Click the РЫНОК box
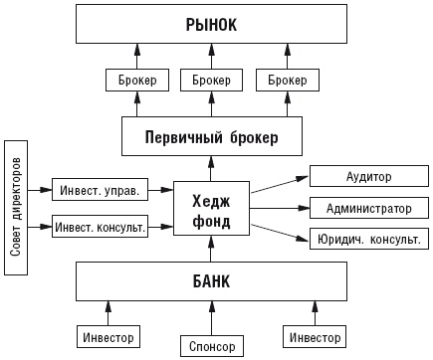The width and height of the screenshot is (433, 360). (x=211, y=23)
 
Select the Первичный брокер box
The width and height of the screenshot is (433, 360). (x=211, y=135)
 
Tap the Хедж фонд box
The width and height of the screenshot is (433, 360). (x=211, y=210)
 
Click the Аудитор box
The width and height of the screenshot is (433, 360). (x=368, y=177)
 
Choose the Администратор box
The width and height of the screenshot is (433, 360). (x=368, y=209)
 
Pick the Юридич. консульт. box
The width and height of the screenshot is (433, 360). (x=368, y=240)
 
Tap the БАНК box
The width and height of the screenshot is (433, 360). (x=211, y=282)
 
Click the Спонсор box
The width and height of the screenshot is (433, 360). (x=211, y=346)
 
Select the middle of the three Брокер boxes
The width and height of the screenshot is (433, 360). (x=211, y=80)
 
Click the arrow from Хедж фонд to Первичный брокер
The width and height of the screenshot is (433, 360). (x=211, y=168)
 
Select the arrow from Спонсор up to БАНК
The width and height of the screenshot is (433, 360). (x=211, y=317)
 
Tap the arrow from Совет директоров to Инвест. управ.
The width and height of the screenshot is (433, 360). (x=41, y=189)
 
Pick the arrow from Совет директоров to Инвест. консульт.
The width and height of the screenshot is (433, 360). (x=41, y=227)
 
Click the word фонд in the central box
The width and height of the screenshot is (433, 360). (x=211, y=221)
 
